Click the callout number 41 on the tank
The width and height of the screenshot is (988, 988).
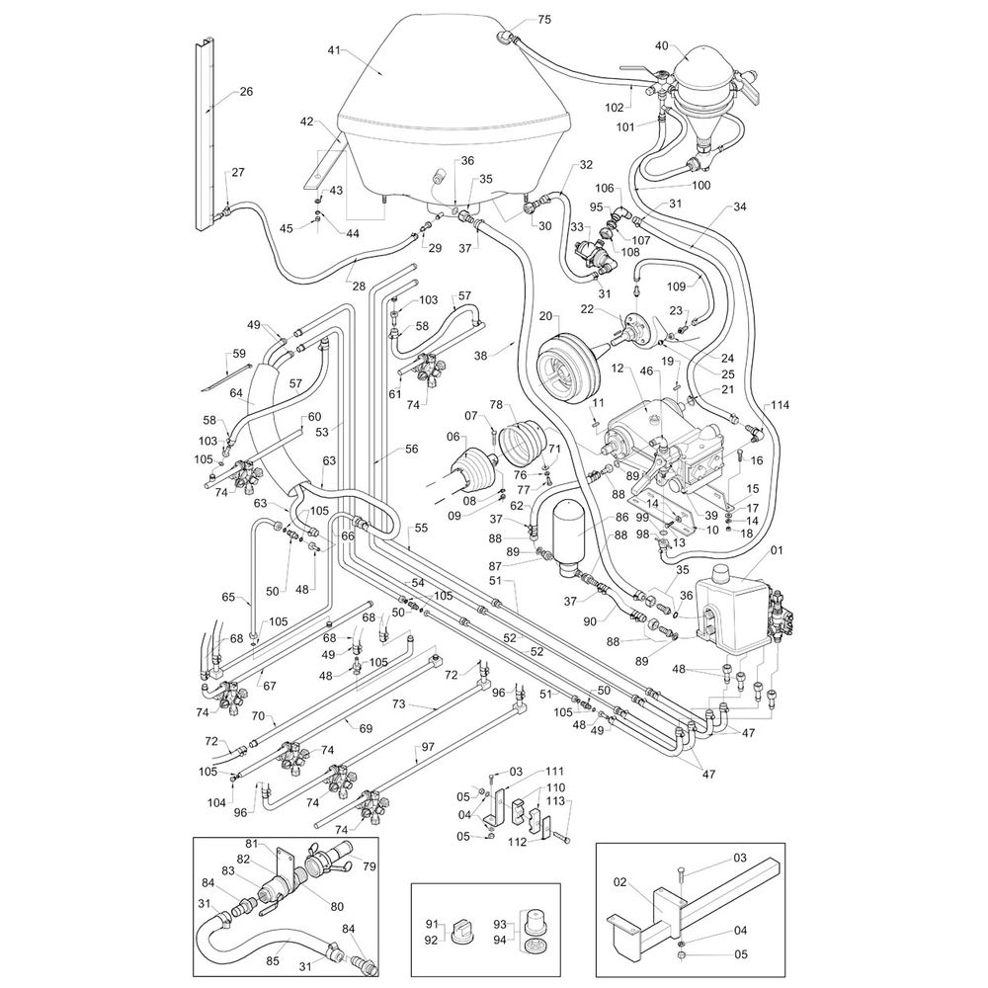pos(333,49)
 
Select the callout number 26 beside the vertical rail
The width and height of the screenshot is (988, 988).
pos(246,92)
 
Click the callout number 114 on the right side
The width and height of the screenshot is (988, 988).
pos(782,406)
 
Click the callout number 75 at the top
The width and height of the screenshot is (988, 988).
pos(543,20)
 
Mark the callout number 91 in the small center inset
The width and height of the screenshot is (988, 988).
pos(432,924)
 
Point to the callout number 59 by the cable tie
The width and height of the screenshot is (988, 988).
pos(238,353)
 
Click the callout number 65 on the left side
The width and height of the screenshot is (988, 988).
pos(228,597)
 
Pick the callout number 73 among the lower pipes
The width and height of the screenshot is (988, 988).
pos(399,704)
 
